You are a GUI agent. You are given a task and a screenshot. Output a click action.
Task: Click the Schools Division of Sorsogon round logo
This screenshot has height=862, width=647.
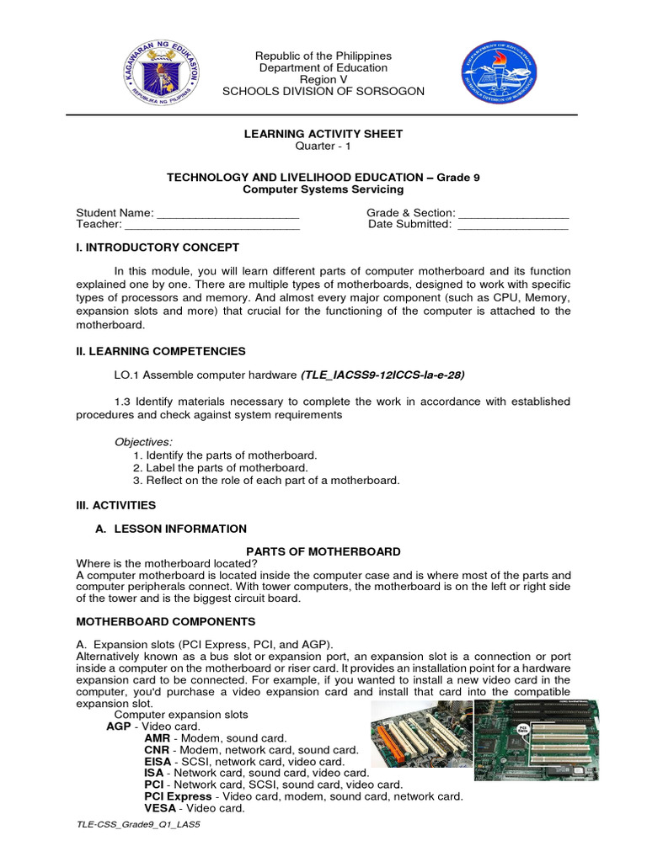coord(496,76)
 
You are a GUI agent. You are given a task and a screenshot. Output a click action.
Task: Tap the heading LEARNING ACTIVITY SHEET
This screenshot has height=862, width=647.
coord(323,134)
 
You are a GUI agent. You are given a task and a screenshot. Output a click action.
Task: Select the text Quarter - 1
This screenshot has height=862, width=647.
coord(323,146)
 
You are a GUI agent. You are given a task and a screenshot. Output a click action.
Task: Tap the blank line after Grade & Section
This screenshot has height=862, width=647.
coord(514,214)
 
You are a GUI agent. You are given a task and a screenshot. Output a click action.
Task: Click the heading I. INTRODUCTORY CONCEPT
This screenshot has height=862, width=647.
coord(158,247)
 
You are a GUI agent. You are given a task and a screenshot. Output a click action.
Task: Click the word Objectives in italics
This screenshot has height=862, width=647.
coord(141,442)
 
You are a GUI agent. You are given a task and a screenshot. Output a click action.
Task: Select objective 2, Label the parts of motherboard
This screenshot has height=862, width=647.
coord(221,467)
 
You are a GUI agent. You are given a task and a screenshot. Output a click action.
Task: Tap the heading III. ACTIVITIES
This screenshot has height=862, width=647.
coord(116,505)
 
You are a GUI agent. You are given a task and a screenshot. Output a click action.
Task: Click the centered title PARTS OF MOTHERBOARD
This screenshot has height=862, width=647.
coord(323,551)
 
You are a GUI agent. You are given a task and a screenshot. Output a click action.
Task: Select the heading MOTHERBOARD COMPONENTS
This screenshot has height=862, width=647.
coord(166,621)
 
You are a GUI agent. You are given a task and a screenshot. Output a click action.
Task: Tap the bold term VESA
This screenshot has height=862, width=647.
coord(160,808)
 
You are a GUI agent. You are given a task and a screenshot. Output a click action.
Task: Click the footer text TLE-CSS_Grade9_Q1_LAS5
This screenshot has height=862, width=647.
coord(138,826)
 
